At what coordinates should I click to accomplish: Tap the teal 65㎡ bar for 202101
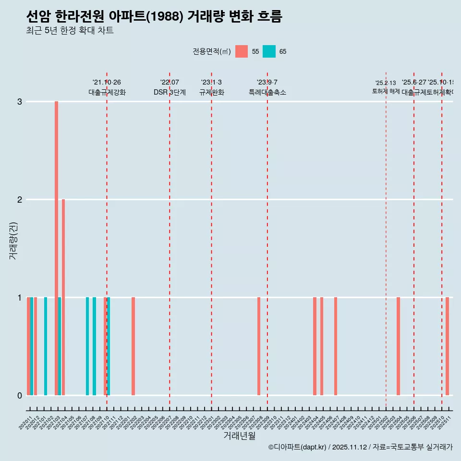[x=46, y=346]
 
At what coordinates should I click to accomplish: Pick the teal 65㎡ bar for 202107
[x=87, y=346]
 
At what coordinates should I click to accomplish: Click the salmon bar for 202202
[x=133, y=346]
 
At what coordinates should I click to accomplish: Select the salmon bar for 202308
[x=259, y=346]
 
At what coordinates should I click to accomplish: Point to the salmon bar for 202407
[x=336, y=346]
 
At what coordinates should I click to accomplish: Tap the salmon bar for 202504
[x=398, y=346]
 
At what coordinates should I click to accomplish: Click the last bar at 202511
[x=447, y=346]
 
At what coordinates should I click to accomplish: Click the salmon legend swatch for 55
[x=242, y=51]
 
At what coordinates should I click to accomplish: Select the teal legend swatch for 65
[x=269, y=51]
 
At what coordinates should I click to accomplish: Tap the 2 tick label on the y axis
[x=20, y=199]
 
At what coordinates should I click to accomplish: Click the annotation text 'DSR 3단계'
[x=170, y=92]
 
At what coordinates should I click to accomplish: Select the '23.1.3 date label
[x=211, y=83]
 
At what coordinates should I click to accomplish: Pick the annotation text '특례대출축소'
[x=267, y=92]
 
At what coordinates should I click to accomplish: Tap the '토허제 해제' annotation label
[x=386, y=91]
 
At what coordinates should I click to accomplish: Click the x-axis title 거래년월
[x=239, y=436]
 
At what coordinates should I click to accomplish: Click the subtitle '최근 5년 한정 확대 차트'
[x=70, y=31]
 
